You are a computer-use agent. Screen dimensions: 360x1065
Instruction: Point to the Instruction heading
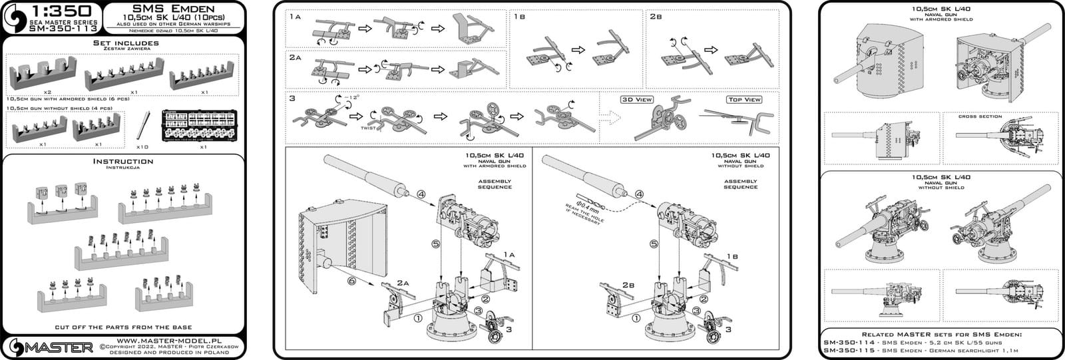tap(124, 161)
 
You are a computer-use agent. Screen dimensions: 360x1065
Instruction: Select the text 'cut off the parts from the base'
tap(124, 327)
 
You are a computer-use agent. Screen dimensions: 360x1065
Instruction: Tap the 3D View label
tap(637, 100)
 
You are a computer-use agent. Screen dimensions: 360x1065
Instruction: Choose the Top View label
tap(744, 100)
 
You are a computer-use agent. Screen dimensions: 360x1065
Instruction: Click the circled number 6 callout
tap(352, 282)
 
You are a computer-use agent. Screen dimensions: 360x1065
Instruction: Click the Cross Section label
tap(980, 116)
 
